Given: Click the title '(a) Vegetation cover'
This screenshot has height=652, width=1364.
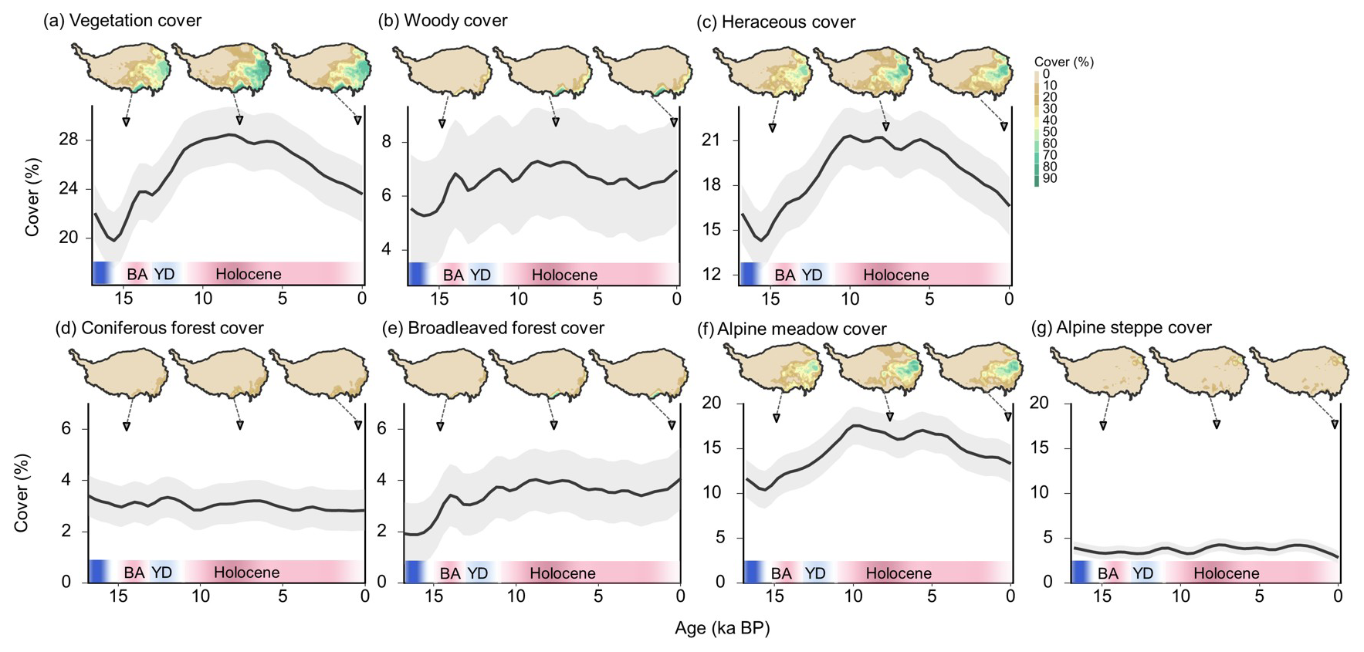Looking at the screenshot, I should tap(123, 21).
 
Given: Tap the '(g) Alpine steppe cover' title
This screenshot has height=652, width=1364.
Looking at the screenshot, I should tap(1121, 327).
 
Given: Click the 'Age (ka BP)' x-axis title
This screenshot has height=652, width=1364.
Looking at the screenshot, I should tap(722, 628).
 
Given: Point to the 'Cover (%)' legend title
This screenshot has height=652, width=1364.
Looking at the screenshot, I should tap(1063, 62).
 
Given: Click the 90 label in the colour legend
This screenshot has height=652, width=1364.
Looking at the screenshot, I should tap(1049, 179).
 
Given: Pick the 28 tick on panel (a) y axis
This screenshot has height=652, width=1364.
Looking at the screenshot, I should tap(68, 140).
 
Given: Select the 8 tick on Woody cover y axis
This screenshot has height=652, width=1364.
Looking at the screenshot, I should tap(386, 142).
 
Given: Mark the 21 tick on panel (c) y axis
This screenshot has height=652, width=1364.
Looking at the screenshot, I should tap(711, 140).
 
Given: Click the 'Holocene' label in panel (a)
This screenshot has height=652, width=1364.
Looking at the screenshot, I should tap(248, 274).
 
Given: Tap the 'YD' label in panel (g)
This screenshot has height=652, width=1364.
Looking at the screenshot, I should tap(1142, 573).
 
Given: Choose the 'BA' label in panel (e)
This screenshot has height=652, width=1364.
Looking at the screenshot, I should tap(450, 573).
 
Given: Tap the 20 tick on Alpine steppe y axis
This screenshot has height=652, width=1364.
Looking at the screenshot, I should tap(1040, 403).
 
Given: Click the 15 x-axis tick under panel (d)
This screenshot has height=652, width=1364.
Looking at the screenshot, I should tap(118, 596).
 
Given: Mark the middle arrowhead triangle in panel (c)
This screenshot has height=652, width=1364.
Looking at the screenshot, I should tap(886, 127).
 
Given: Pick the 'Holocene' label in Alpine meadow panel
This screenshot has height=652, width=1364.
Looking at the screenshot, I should tap(898, 573).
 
